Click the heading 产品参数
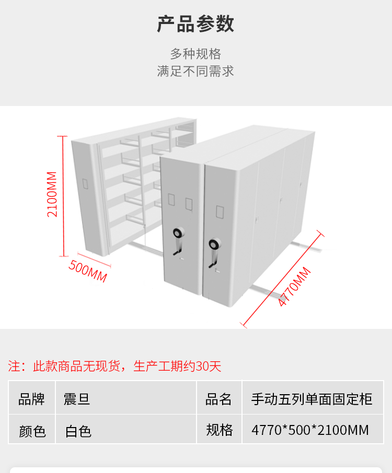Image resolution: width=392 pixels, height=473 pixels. tap(195, 25)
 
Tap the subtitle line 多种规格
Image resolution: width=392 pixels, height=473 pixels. tap(195, 54)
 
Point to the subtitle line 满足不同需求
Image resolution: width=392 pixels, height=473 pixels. tap(195, 71)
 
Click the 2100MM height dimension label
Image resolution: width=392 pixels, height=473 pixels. tap(52, 194)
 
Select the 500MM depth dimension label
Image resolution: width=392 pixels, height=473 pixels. tap(88, 271)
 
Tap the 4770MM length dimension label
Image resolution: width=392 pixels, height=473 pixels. tap(294, 287)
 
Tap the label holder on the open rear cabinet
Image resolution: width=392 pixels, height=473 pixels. tap(85, 184)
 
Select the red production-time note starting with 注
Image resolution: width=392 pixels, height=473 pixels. tap(115, 366)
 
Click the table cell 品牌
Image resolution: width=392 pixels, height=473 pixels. tap(32, 399)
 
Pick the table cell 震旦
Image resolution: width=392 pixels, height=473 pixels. tap(77, 399)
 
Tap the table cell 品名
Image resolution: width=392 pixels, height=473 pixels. tap(218, 399)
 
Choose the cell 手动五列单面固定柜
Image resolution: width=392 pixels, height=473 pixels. tap(312, 399)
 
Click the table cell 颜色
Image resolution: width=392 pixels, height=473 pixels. tap(32, 431)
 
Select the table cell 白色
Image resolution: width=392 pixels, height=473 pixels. tap(78, 431)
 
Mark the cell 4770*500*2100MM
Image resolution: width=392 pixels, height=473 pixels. tap(310, 430)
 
